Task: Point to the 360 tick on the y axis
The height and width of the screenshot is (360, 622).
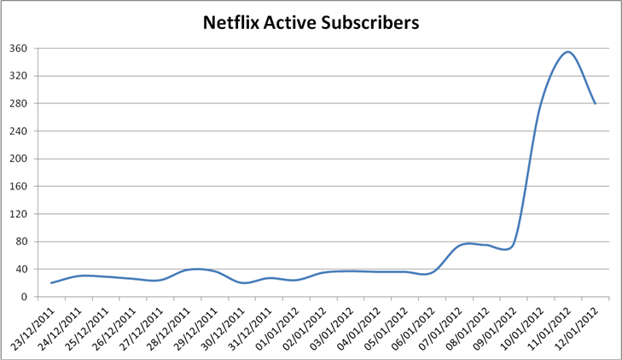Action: coord(19,49)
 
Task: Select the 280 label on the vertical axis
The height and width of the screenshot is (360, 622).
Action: coord(19,104)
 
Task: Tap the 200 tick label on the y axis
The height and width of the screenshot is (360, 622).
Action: coord(19,159)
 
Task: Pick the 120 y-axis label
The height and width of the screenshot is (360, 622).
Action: coord(19,214)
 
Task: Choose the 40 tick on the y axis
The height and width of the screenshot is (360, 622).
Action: coord(22,270)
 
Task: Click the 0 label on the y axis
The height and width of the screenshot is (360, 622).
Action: coord(26,297)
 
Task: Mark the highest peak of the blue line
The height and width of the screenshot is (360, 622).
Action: coord(567,52)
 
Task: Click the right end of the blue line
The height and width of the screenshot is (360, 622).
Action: coord(595,103)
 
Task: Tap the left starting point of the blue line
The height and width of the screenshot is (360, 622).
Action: coord(51,282)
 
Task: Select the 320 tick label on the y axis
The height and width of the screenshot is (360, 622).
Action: coord(19,76)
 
